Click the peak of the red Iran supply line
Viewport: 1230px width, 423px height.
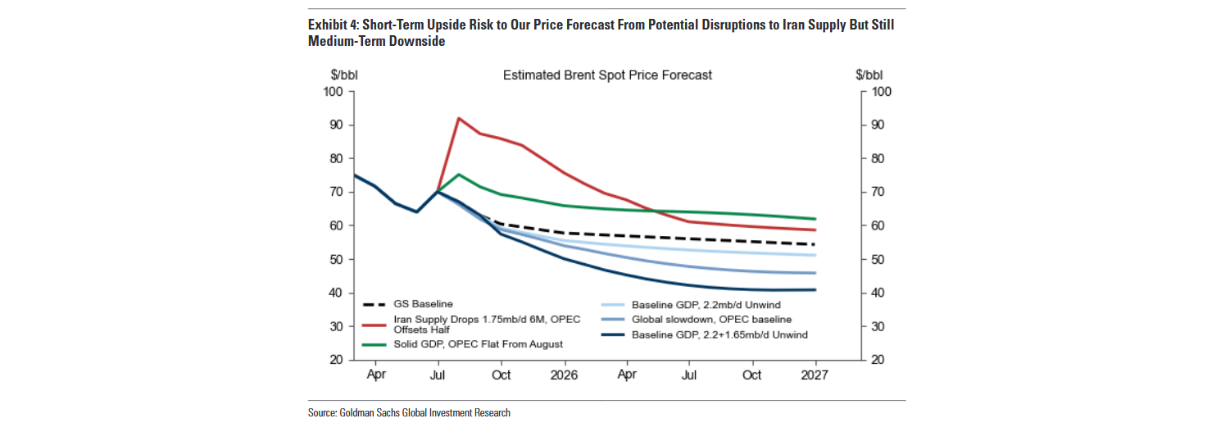(x=458, y=118)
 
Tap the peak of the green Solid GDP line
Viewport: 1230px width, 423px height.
(x=458, y=175)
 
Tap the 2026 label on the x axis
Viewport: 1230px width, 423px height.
(x=564, y=375)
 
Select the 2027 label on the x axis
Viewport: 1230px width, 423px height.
(x=815, y=375)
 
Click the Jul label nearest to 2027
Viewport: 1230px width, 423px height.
(x=689, y=375)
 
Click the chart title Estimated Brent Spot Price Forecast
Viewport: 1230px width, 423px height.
(x=607, y=75)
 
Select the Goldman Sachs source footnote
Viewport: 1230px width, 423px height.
(x=409, y=412)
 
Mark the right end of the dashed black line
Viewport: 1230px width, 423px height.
(x=815, y=244)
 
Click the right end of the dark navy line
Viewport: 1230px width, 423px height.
(x=815, y=289)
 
